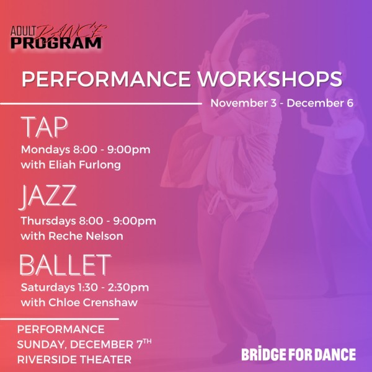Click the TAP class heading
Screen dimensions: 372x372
click(x=44, y=126)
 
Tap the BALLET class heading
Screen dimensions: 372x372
click(x=64, y=265)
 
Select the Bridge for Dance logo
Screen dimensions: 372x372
click(x=298, y=355)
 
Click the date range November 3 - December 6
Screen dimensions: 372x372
click(x=281, y=103)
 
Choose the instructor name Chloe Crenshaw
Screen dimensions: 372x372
click(x=99, y=303)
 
